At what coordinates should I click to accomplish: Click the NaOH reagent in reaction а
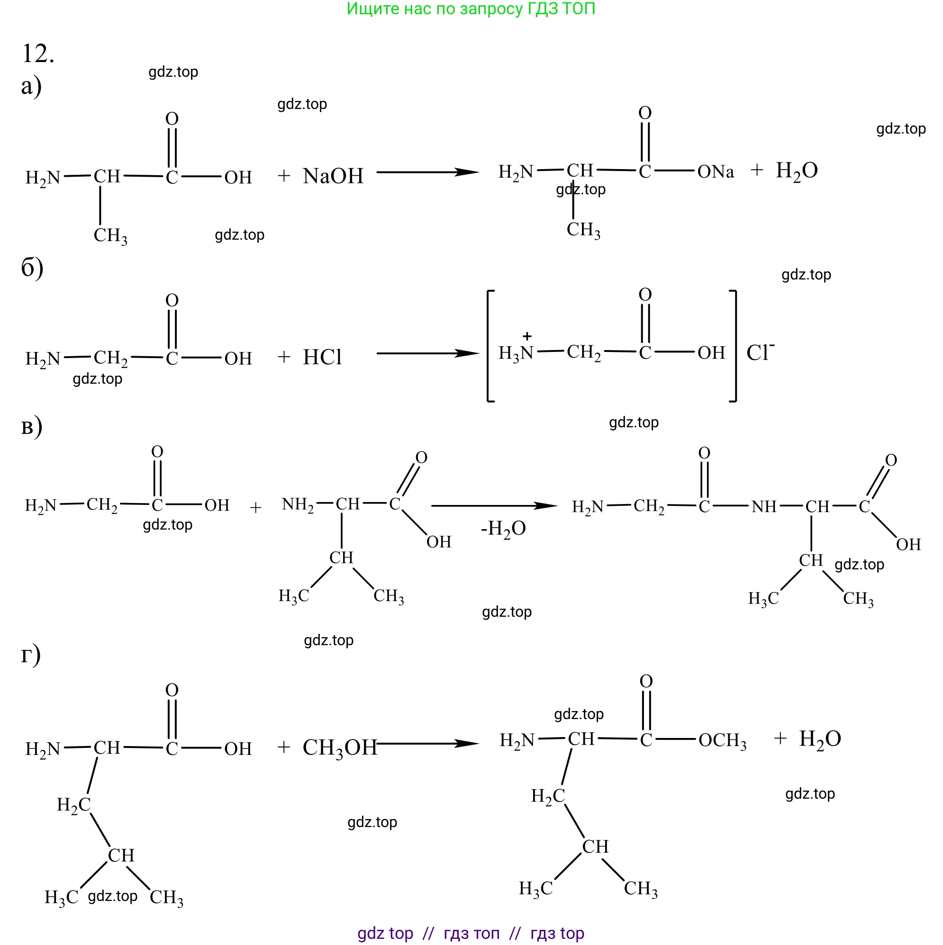point(333,176)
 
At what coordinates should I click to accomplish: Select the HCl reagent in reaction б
point(322,358)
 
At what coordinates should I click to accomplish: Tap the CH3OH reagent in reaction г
point(339,747)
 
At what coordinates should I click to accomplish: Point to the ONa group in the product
point(716,171)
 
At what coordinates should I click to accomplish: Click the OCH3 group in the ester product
point(722,740)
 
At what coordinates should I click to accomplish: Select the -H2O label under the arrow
point(503,529)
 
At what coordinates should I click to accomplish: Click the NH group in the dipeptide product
point(764,507)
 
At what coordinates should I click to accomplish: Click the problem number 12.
point(38,54)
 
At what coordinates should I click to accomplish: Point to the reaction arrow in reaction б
point(427,353)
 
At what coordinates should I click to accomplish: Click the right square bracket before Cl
point(734,346)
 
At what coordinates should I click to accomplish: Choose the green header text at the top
point(471,9)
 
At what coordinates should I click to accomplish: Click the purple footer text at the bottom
point(471,933)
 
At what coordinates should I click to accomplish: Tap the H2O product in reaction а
point(797,171)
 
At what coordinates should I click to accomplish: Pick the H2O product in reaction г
point(820,739)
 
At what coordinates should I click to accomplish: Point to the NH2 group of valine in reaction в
point(298,505)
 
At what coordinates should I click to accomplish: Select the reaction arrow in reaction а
point(427,172)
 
